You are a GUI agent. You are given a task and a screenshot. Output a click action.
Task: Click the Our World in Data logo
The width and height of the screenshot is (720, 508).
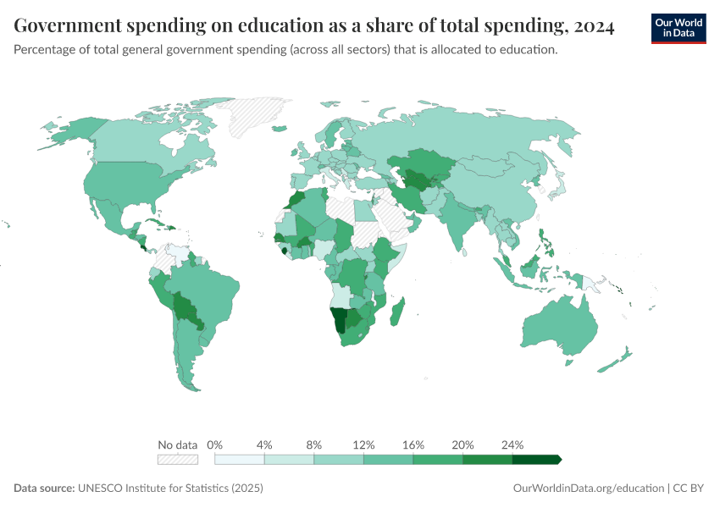pyautogui.click(x=678, y=28)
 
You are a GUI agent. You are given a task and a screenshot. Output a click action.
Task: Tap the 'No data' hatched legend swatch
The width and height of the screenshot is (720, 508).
pyautogui.click(x=178, y=460)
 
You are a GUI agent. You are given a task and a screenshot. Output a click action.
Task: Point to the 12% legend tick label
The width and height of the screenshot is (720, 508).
pyautogui.click(x=363, y=444)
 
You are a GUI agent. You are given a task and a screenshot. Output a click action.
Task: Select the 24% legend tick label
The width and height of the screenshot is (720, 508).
pyautogui.click(x=512, y=444)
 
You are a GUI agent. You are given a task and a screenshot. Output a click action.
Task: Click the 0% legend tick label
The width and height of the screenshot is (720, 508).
pyautogui.click(x=215, y=444)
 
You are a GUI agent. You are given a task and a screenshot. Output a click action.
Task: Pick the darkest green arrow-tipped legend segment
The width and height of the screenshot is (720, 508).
pyautogui.click(x=536, y=460)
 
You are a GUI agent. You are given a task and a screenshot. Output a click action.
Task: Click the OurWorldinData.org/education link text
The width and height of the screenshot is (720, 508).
pyautogui.click(x=589, y=489)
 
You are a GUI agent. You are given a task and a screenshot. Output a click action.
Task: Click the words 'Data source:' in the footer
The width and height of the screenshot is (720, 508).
pyautogui.click(x=44, y=489)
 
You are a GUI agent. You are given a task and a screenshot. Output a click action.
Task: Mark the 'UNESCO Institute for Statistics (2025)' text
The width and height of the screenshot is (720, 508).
pyautogui.click(x=170, y=489)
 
